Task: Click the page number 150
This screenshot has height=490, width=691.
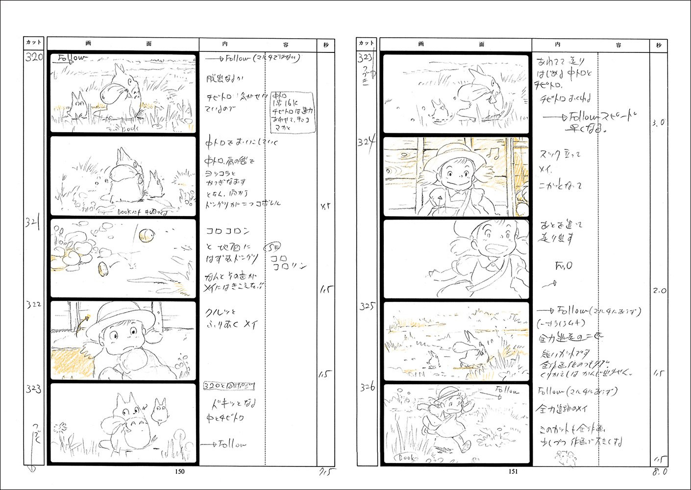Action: pos(180,471)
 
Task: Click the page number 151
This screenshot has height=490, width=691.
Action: pos(513,471)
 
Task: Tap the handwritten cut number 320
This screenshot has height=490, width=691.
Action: pos(34,57)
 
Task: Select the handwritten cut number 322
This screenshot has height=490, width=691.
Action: pos(33,304)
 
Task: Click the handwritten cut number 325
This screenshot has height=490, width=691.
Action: pos(367,306)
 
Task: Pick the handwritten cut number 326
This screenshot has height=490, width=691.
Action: pos(367,387)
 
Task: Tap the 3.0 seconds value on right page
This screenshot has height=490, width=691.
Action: pos(658,122)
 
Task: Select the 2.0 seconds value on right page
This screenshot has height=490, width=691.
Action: pos(659,291)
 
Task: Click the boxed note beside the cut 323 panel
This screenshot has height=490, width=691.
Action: pos(229,386)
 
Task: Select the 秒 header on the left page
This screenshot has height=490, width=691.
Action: pos(326,45)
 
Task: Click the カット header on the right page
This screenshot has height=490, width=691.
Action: pos(367,43)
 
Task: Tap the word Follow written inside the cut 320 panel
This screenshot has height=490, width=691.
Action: pos(71,58)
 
